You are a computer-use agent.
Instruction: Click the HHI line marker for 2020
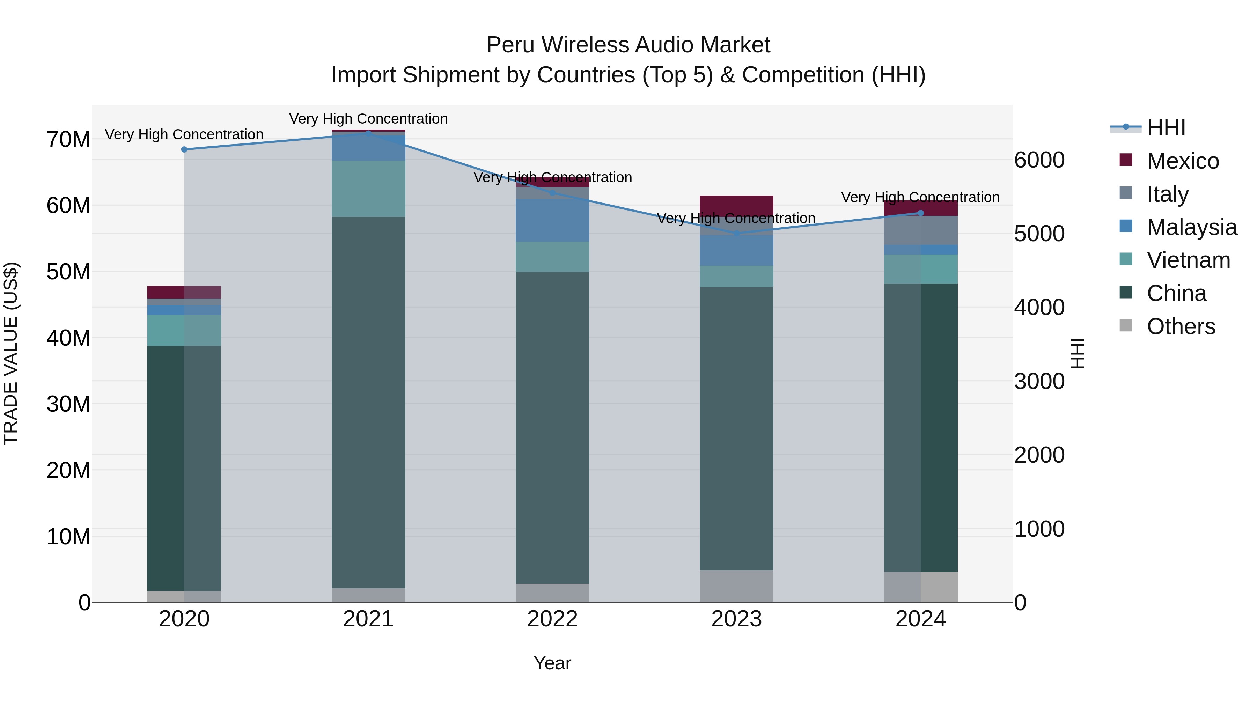tap(184, 149)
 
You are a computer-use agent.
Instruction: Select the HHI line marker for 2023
tap(736, 234)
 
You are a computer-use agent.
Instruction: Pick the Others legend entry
tap(1181, 326)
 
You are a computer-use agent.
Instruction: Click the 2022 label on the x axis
tap(552, 619)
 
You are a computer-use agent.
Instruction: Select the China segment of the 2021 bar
tap(368, 402)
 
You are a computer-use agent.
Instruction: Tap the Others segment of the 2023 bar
tap(736, 586)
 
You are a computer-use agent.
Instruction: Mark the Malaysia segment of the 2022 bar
tap(552, 220)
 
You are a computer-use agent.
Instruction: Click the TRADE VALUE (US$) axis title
tap(11, 353)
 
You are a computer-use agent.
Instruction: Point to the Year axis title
tap(552, 663)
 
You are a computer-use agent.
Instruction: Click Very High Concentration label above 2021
tap(368, 119)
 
